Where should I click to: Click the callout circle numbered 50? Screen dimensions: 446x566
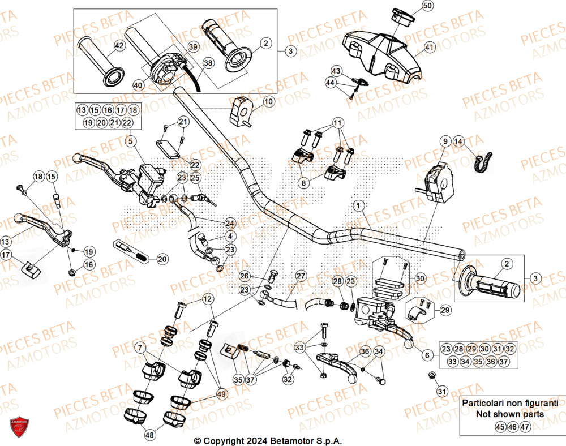(x=427, y=6)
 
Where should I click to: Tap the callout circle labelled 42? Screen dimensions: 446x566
(x=119, y=46)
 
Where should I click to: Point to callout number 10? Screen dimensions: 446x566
(x=268, y=102)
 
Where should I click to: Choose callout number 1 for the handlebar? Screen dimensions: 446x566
(x=357, y=204)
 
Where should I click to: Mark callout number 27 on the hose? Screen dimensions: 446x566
(x=301, y=276)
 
